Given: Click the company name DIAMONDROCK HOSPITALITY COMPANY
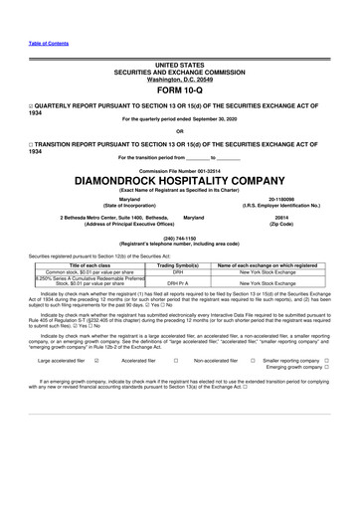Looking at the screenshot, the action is tap(179, 180).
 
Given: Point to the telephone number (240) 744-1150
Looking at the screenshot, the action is tap(179, 239).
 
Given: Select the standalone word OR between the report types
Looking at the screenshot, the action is tap(179, 131).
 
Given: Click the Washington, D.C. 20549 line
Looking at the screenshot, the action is tap(179, 79).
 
